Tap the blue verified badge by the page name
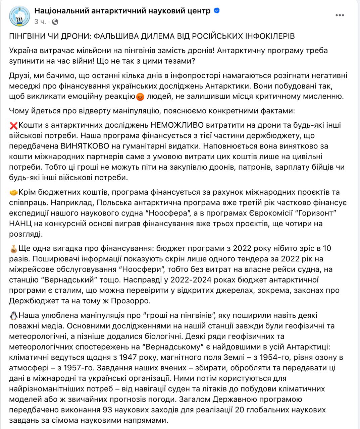point(217,11)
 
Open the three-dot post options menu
point(340,15)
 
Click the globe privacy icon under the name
point(55,22)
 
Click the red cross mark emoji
point(14,125)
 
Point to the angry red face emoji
point(140,97)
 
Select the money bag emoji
point(14,249)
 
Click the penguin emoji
point(14,316)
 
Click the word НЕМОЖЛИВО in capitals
point(177,125)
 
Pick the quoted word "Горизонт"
point(316,213)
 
